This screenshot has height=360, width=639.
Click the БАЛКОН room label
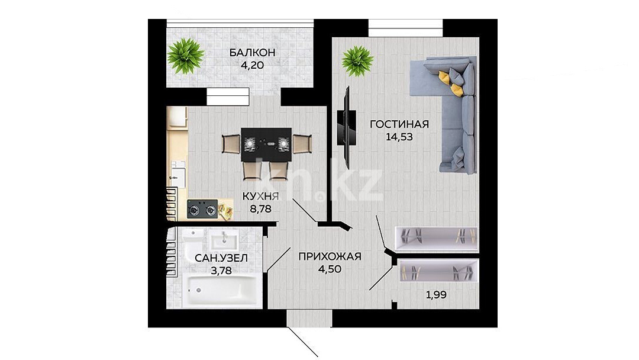click(x=252, y=53)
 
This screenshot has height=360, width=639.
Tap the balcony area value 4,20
click(x=252, y=65)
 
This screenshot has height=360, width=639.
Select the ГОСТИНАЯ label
click(x=399, y=124)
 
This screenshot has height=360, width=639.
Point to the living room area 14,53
click(x=399, y=137)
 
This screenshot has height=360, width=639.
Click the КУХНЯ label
click(x=261, y=197)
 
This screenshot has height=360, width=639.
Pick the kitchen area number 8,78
click(x=261, y=210)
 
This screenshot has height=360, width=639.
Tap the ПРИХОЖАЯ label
click(x=330, y=256)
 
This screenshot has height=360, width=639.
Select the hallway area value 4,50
click(x=330, y=269)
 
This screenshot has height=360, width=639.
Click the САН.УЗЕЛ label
click(x=221, y=258)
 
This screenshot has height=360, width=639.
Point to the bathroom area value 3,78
click(x=221, y=271)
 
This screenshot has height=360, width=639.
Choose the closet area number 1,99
click(x=436, y=295)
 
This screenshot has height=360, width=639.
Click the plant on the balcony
click(x=186, y=56)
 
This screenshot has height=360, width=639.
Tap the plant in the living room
click(x=358, y=61)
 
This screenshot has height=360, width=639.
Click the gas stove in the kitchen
click(x=202, y=210)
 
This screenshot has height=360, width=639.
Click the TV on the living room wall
click(x=346, y=127)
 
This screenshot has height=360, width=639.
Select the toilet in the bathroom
click(x=192, y=242)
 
